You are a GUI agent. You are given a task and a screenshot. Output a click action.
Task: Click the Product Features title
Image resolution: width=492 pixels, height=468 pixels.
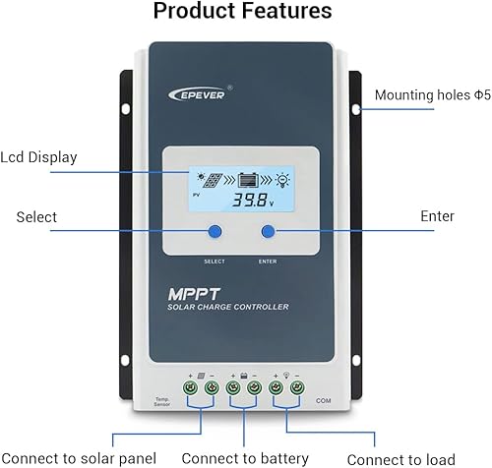[x=245, y=12]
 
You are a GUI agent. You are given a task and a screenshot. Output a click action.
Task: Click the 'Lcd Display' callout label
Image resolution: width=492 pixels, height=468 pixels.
[x=40, y=157]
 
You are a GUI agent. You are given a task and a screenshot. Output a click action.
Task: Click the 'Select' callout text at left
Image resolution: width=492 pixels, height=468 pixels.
[x=36, y=216]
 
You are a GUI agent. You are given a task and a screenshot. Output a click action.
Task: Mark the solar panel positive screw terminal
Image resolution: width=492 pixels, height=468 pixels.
[x=195, y=388]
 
